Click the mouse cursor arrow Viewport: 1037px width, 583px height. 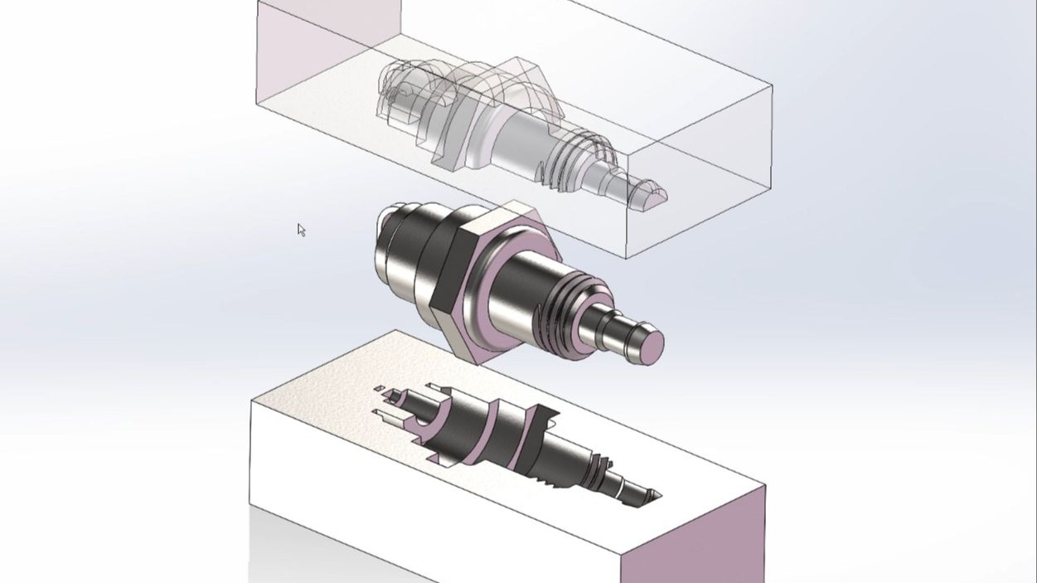(301, 230)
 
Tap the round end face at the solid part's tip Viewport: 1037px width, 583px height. (652, 347)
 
